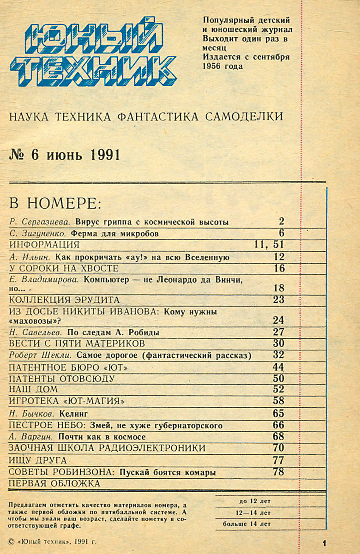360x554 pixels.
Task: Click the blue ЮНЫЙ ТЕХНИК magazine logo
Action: [92, 51]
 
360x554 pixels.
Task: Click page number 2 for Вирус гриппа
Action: [282, 221]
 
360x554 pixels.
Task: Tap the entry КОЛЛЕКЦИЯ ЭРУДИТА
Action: [65, 300]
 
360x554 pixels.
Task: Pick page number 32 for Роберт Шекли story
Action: [278, 355]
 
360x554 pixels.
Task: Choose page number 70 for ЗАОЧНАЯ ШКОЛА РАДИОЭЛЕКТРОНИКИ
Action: [278, 448]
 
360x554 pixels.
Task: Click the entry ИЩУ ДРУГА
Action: [38, 460]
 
